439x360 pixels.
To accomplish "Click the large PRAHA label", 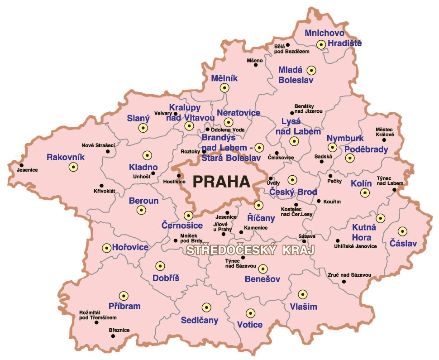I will (x=221, y=182).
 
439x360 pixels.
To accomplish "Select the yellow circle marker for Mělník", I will (x=224, y=88).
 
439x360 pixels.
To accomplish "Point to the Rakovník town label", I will (x=65, y=158).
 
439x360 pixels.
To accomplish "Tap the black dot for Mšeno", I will (x=256, y=65).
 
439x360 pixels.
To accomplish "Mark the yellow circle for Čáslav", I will (x=401, y=231).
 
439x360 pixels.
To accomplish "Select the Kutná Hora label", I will (x=362, y=233).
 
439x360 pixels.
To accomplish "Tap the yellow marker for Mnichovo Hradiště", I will (x=321, y=44).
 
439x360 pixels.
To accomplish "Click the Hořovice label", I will (x=130, y=247).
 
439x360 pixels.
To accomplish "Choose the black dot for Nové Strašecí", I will (x=108, y=151).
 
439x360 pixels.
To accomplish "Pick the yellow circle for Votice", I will (x=250, y=312).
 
